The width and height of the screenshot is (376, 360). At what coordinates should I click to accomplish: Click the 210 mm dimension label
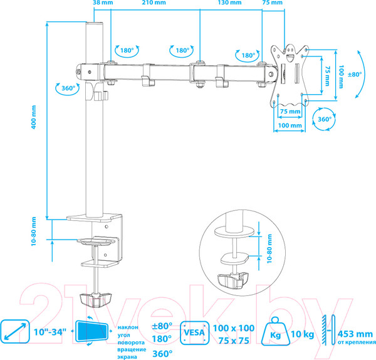(x=154, y=3)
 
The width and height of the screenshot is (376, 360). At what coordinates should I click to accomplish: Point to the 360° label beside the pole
(x=69, y=88)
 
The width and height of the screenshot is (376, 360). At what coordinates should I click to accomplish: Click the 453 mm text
(x=353, y=333)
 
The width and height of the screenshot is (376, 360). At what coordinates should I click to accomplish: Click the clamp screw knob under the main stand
(x=96, y=299)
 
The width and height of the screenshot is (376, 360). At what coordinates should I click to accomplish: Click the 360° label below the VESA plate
(x=324, y=119)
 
